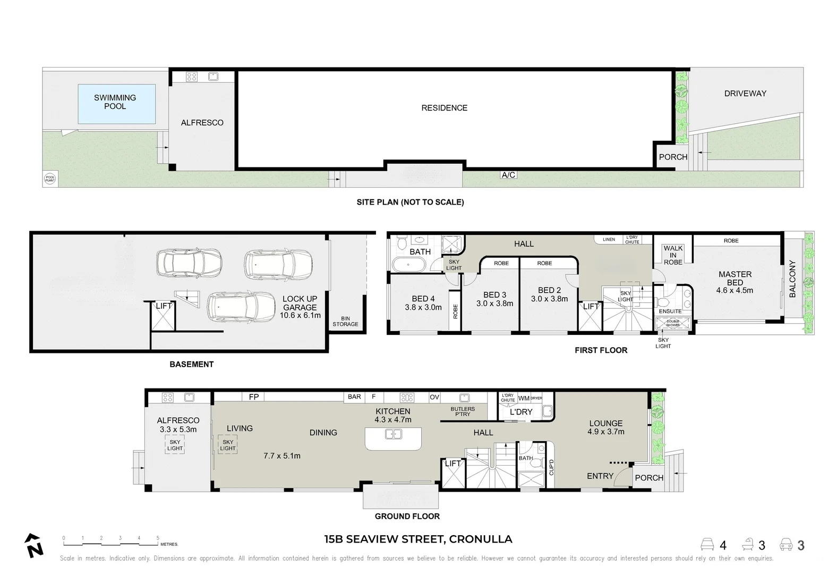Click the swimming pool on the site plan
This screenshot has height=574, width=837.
tap(116, 104)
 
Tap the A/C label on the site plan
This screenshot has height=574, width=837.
tap(508, 175)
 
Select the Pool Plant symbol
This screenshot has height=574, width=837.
tap(49, 179)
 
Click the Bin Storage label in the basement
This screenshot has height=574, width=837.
tap(345, 321)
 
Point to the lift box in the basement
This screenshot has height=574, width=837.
tap(163, 317)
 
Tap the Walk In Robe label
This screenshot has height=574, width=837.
tap(673, 255)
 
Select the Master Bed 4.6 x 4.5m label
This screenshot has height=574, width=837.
tap(734, 282)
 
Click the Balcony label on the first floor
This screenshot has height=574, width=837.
tap(792, 278)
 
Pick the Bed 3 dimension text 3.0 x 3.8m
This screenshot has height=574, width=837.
tap(494, 303)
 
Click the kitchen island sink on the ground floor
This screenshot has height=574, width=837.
tap(393, 435)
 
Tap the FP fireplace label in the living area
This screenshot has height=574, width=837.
tap(254, 397)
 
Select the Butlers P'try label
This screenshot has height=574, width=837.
tap(463, 411)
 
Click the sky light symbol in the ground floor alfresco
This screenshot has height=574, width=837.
tap(175, 445)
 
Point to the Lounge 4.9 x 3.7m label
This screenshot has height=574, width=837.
tap(605, 427)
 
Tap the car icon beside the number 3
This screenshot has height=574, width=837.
tap(787, 545)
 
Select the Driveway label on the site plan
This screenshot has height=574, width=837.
tap(745, 94)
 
